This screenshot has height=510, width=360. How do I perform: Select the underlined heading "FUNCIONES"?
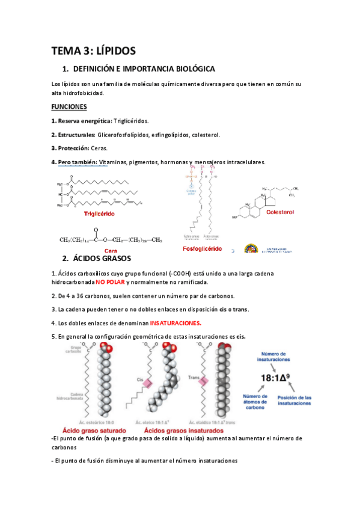tap(69, 107)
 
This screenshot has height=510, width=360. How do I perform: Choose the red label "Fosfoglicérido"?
tap(203, 249)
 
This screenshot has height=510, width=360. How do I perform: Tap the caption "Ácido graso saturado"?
tap(97, 431)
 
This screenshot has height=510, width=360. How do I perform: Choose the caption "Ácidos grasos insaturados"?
tap(183, 431)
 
